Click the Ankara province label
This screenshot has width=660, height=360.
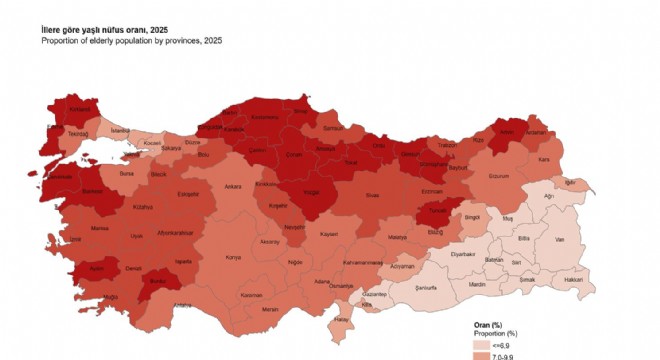coord(233,186)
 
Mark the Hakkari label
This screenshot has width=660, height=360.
coord(574,281)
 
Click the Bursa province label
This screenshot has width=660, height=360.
coord(125,173)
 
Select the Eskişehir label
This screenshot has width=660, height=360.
coord(187,193)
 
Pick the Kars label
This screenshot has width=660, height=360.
coord(545,159)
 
